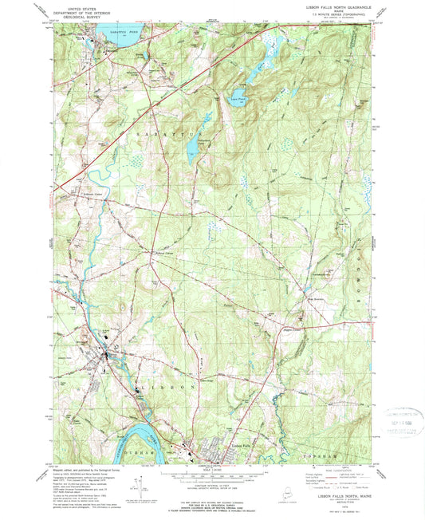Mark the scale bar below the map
(x=212, y=477)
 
